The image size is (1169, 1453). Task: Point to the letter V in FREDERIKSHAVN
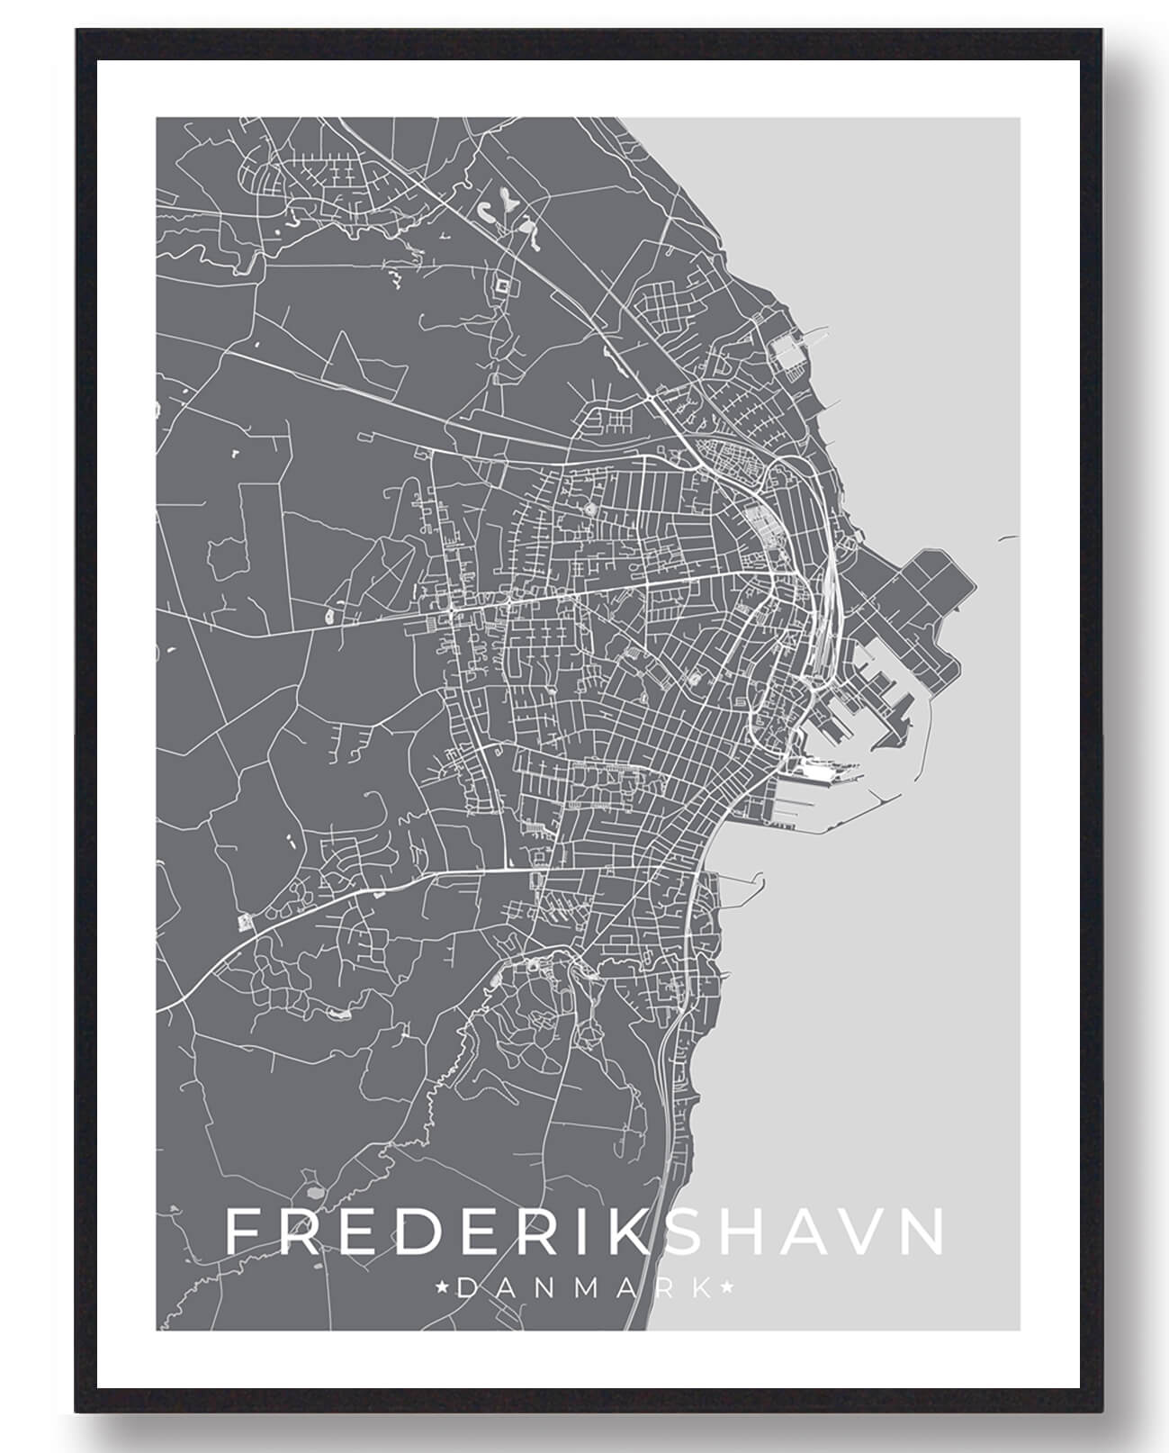tap(855, 1232)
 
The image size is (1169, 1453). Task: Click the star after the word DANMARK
tap(729, 1288)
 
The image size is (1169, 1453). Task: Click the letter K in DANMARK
tap(701, 1288)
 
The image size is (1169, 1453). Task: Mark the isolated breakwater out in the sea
tap(1008, 538)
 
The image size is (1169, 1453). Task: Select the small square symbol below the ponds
tap(502, 286)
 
